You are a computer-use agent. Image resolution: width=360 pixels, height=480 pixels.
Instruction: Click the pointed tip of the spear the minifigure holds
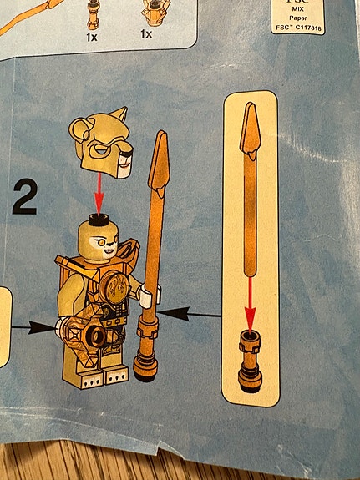(x=160, y=167)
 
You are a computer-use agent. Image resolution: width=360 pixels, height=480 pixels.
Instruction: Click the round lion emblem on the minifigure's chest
(x=116, y=293)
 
